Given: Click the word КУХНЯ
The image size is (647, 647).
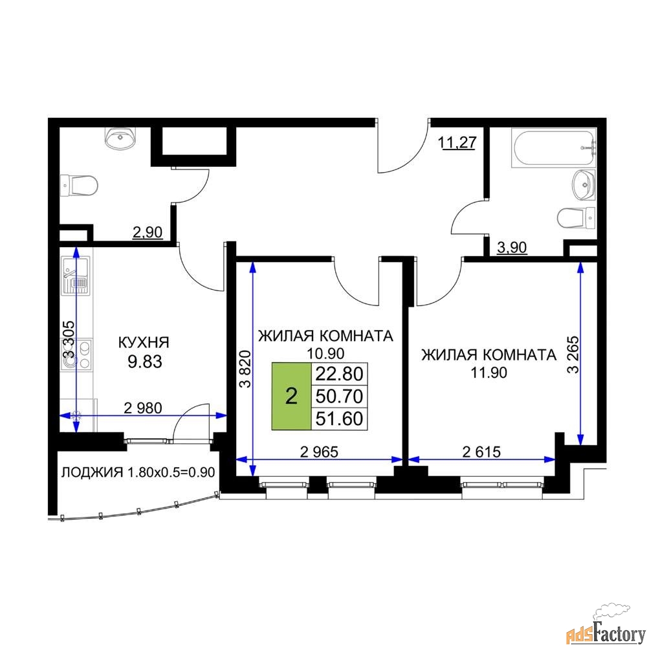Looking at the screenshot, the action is coord(144,342).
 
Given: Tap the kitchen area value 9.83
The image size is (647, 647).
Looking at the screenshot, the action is coord(145,362).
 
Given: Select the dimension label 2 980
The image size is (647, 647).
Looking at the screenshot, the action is coord(143,408).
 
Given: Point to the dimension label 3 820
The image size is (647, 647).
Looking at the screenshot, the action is coord(245,369).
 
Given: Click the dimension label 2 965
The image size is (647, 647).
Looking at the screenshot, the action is coord(320,452).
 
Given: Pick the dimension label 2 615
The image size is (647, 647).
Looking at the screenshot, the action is coord(481,452).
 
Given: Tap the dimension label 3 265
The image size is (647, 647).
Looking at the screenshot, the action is coord(573,355).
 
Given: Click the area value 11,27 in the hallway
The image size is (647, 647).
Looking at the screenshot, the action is coord(457,143).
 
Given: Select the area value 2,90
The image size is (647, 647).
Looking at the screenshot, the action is coord(148,232).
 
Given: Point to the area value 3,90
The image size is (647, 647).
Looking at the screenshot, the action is coord(512,248).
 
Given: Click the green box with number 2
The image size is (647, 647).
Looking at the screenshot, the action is coord(291,397).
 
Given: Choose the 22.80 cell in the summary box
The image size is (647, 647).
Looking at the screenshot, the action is coord(339,374).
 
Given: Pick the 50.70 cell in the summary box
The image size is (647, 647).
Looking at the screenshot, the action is coord(339,397).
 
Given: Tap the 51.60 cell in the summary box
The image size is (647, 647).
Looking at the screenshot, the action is coord(339,419).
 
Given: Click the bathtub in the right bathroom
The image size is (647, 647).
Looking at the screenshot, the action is coord(554,148).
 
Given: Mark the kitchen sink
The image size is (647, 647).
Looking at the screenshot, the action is coord(75,276).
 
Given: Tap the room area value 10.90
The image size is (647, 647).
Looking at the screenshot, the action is coord(325,354).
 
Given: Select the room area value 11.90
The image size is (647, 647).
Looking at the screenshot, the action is coord(489,373).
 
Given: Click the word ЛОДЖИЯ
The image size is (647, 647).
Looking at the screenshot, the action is coord(92,472).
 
